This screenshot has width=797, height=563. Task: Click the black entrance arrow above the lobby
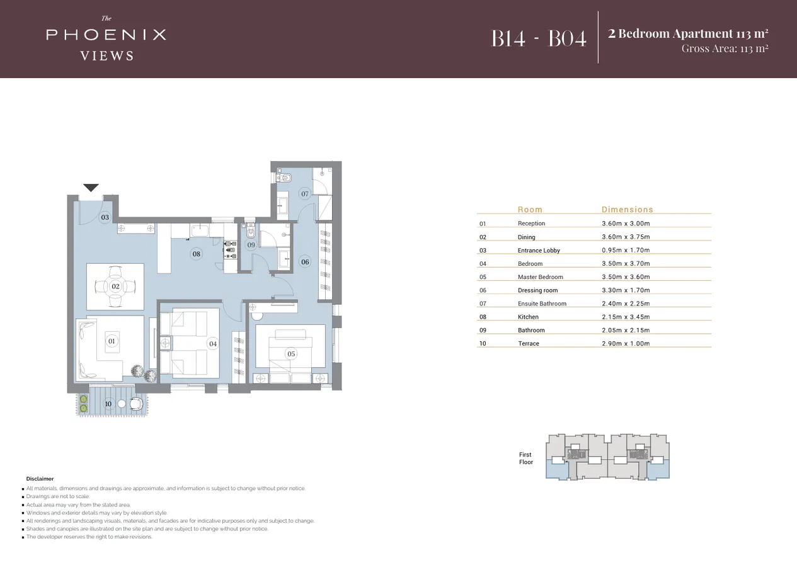pos(91,187)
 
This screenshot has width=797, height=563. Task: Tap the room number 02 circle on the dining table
pos(115,287)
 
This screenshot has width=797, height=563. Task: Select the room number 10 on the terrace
pos(108,404)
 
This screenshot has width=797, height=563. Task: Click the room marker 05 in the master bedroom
pos(291,354)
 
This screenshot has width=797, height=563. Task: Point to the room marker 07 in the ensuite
pos(305,194)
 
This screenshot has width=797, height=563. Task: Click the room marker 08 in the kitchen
pos(197,254)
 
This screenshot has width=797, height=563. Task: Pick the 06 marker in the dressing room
pos(305,262)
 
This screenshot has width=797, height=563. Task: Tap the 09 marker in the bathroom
pos(251,245)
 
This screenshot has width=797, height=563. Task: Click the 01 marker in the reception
pos(112,341)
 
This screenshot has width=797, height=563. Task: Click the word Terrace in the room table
pos(529,344)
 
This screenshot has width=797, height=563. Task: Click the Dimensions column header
pos(627,210)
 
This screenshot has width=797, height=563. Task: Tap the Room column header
pos(530,210)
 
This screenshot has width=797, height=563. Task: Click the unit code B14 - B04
pos(539,38)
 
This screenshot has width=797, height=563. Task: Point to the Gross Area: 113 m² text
pos(725,48)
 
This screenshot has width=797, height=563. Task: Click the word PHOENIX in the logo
pos(106,35)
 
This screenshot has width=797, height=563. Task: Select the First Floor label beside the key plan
pos(525,458)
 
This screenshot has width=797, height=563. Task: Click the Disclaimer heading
pos(40,479)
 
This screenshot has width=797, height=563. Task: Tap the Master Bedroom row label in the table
pos(540,277)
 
